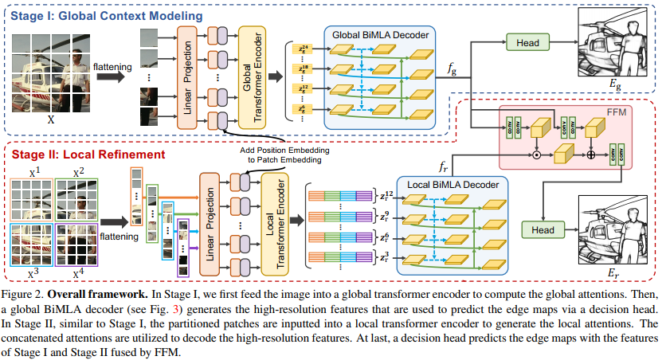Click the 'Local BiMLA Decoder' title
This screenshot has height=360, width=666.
tap(450, 184)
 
